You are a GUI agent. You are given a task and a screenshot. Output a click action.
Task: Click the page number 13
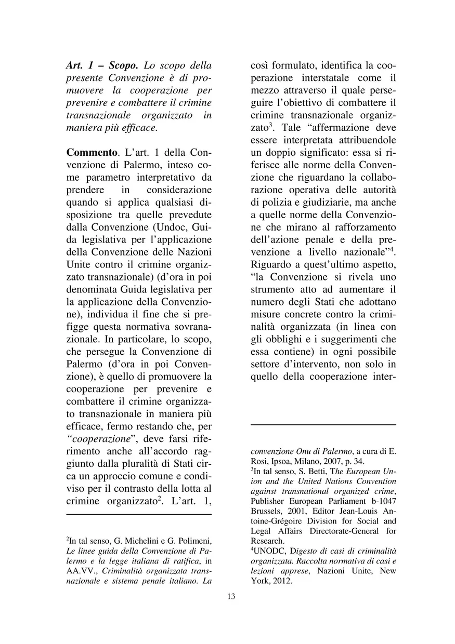[231, 596]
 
